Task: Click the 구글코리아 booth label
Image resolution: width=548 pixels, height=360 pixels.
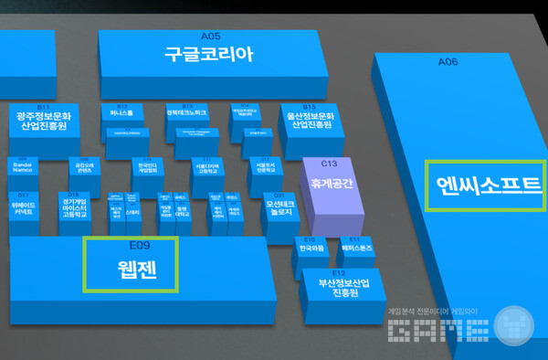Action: [208, 54]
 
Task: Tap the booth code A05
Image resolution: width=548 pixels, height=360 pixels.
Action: [210, 34]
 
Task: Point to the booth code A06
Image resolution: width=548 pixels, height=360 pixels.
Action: [448, 63]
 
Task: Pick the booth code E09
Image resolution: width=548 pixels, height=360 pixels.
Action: [139, 246]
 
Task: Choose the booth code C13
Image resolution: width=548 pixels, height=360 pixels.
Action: [331, 164]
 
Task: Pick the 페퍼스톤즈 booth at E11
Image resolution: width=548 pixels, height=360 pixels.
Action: [355, 248]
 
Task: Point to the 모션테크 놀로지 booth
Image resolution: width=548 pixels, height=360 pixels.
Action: [280, 208]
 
